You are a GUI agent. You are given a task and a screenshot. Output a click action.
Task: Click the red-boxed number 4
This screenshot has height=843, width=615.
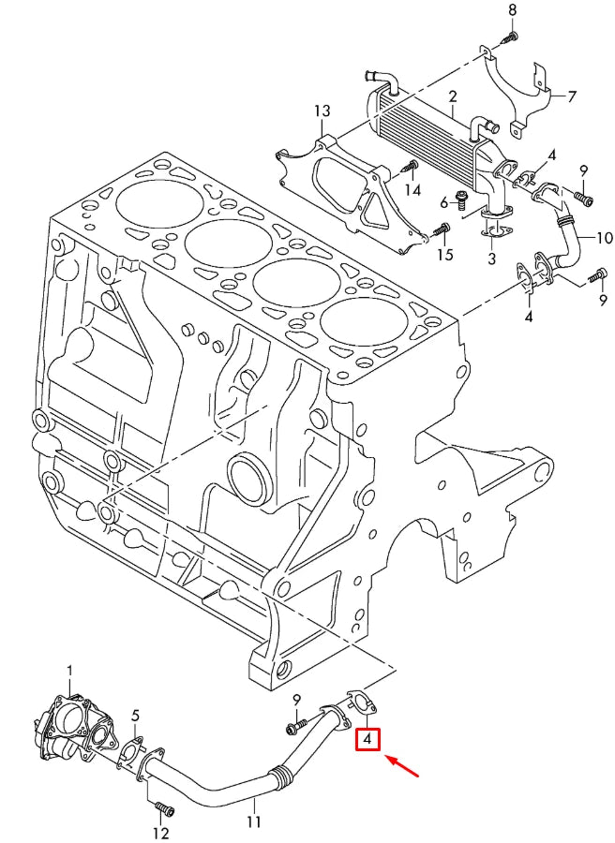(x=368, y=740)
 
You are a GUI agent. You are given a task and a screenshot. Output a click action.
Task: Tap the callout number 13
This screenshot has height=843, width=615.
(x=322, y=111)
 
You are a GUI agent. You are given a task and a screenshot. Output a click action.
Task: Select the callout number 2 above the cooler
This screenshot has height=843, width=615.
(x=452, y=97)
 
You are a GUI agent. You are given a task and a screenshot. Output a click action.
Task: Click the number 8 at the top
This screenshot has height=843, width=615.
(x=512, y=10)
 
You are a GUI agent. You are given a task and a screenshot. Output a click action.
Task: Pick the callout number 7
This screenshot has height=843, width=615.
(x=571, y=96)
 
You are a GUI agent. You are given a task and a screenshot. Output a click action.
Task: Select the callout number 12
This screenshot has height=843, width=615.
(x=160, y=833)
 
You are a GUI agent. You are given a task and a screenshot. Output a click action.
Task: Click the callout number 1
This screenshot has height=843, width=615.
(x=68, y=672)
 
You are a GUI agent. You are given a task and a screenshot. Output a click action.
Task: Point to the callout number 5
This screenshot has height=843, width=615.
(x=135, y=717)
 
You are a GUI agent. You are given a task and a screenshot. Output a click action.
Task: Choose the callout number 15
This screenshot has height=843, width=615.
(x=445, y=255)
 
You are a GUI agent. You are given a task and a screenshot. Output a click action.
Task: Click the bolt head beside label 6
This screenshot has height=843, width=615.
(x=461, y=198)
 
